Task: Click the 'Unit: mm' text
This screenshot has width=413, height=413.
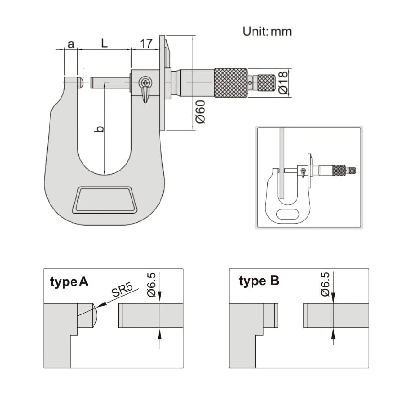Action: coord(267,31)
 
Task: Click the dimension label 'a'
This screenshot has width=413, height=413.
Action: coord(71,44)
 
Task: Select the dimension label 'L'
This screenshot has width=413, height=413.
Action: coord(104,44)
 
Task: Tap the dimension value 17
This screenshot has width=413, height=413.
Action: coord(146,44)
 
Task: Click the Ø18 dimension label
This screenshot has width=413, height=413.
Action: coord(283,83)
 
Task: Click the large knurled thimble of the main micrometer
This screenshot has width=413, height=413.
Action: coord(231,83)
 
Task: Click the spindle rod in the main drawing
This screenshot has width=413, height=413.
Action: coord(110,83)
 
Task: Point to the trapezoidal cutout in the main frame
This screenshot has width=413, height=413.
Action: coord(104,199)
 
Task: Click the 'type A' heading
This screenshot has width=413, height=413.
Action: coord(69,282)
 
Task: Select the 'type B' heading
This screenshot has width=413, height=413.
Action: coord(259,281)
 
